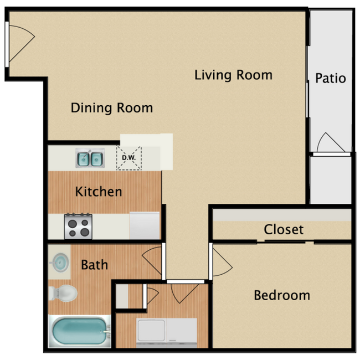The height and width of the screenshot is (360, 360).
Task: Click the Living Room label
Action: point(233,75)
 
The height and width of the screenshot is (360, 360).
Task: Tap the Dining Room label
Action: point(112,107)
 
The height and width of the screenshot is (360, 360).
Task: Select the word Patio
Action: point(331,78)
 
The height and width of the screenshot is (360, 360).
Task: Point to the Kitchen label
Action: point(99,192)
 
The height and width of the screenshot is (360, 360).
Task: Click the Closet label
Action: point(284,229)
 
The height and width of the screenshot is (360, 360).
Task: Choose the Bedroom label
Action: point(282,295)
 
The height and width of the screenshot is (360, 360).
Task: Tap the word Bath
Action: point(95,264)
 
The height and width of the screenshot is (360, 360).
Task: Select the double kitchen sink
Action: point(90,159)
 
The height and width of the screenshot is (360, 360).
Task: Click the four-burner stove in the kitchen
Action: point(78,227)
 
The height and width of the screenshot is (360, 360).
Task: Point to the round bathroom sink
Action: point(59,263)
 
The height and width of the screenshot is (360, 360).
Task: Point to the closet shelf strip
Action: point(281,214)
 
